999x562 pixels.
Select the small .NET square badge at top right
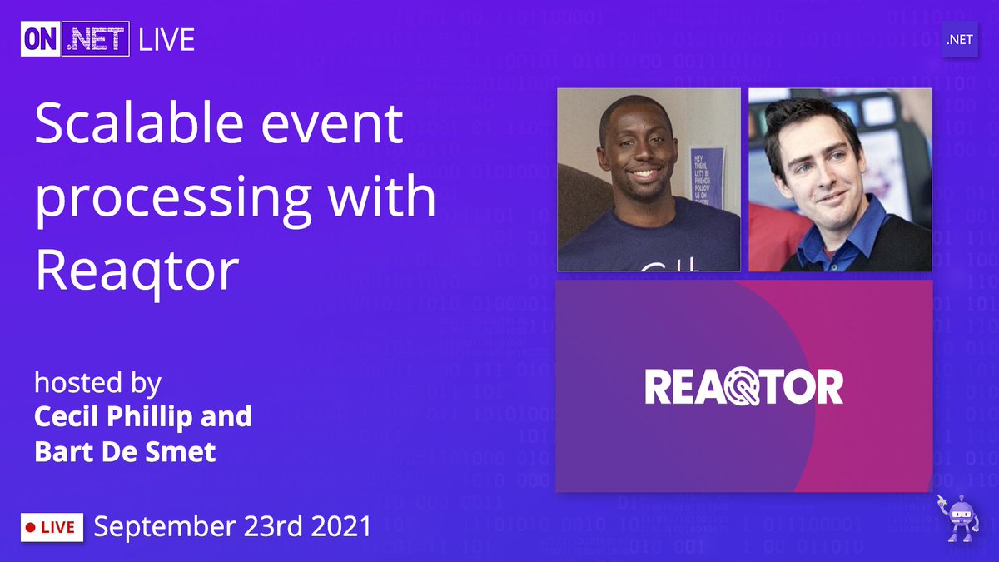959,40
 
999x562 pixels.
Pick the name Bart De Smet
125,451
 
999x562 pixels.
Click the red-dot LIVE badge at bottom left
52,527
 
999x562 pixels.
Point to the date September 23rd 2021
232,526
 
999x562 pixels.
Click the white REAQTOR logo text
743,387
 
